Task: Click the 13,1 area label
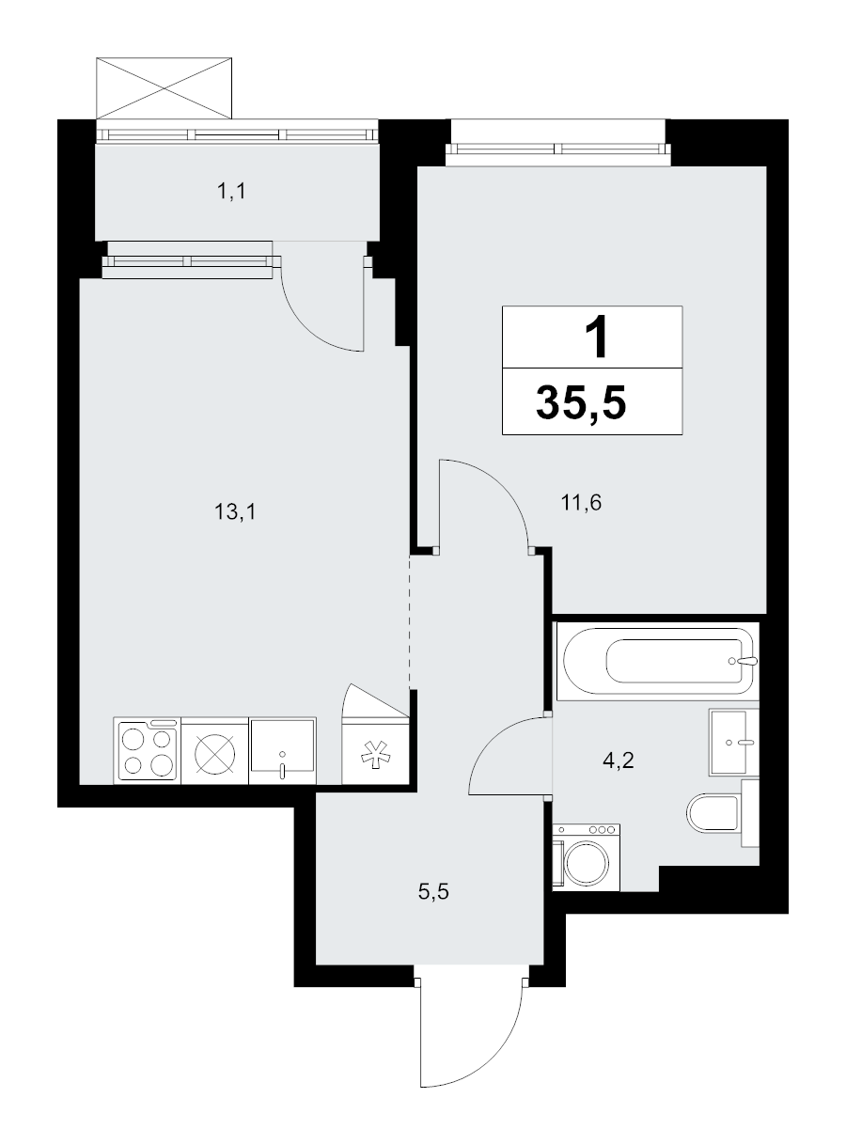click(235, 512)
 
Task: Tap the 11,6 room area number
click(581, 502)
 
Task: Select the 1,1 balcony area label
click(231, 192)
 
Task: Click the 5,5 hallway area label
click(433, 891)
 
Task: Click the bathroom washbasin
click(733, 742)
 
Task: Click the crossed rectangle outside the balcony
click(164, 88)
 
